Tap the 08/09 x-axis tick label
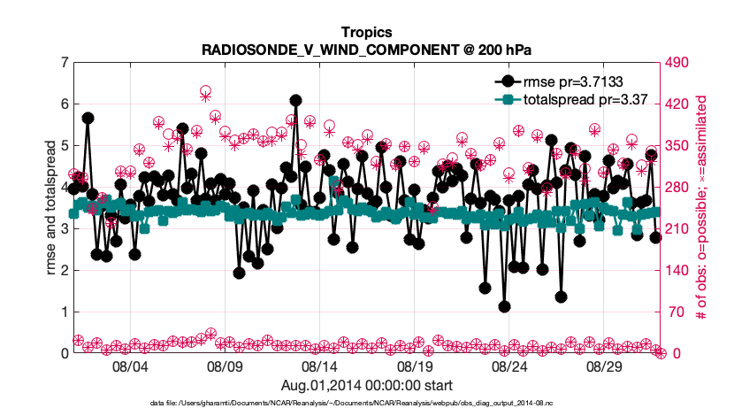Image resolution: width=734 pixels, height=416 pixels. (x=224, y=366)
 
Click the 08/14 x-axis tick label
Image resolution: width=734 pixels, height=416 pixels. (x=318, y=366)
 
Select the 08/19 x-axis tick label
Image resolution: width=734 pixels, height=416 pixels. (x=413, y=366)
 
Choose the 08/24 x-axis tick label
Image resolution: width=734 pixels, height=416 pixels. (x=508, y=366)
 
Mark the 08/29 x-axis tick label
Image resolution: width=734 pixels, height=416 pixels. (x=603, y=366)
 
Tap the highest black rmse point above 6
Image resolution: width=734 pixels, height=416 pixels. (x=295, y=101)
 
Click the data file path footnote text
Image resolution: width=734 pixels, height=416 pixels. (x=366, y=403)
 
